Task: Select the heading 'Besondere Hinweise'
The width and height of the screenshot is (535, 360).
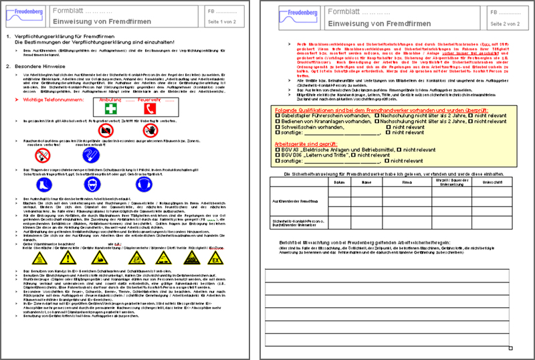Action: click(39, 67)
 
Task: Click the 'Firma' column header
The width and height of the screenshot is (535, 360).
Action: click(407, 181)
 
